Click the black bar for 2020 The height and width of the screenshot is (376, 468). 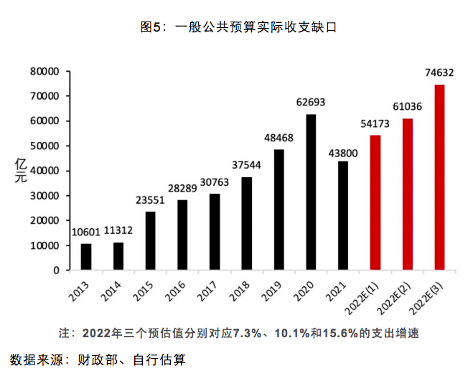[311, 192]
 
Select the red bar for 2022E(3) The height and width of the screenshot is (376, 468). [439, 177]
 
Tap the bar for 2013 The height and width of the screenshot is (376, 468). [86, 257]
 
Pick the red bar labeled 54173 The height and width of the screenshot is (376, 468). [375, 202]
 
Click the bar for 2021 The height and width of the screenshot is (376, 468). [343, 215]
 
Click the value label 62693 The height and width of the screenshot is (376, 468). [311, 102]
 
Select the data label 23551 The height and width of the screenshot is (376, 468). [151, 199]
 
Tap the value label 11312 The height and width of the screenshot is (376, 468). [118, 230]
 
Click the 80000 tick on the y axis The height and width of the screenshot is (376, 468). [45, 71]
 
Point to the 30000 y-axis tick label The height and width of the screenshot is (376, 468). [45, 196]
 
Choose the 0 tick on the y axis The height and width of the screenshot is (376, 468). [55, 271]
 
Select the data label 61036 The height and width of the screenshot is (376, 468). [407, 107]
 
